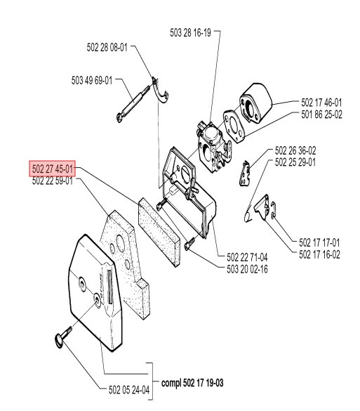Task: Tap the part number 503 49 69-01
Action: pyautogui.click(x=92, y=81)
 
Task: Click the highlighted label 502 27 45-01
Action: pyautogui.click(x=53, y=169)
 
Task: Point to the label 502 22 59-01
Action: pyautogui.click(x=53, y=180)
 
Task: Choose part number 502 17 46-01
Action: pyautogui.click(x=321, y=102)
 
